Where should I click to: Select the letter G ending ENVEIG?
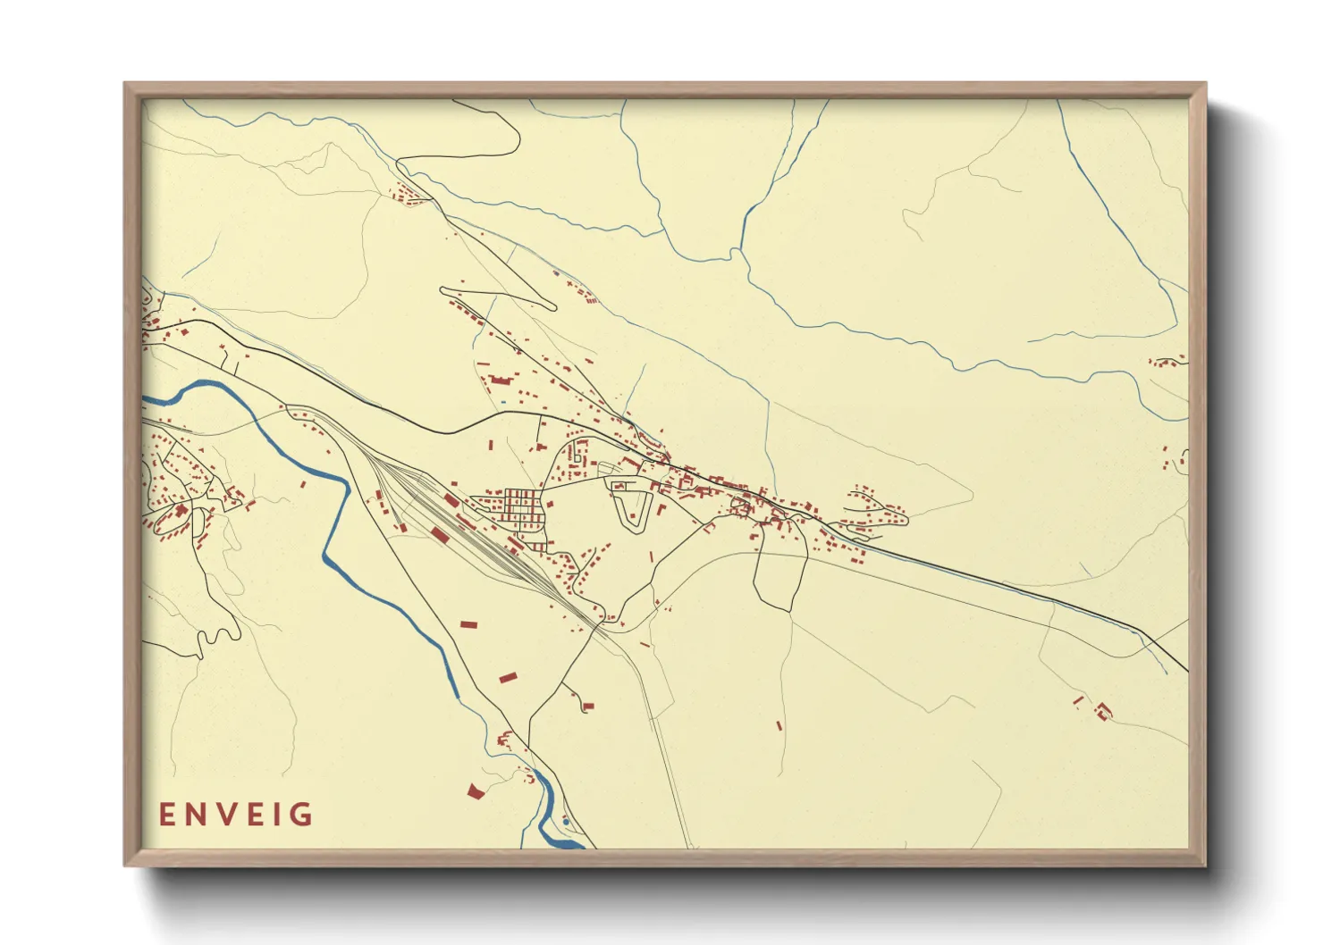coord(304,815)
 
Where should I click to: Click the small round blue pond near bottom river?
coord(566,821)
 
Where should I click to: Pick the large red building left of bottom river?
coord(474,790)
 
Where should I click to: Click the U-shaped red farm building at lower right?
coord(1103,711)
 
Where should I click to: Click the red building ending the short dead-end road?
coord(586,706)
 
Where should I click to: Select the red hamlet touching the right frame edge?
coord(1167,361)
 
